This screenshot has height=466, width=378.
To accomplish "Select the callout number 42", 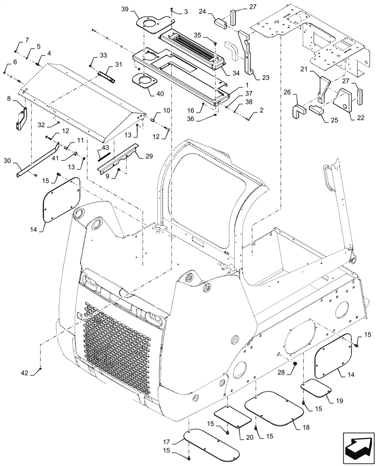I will pyautogui.click(x=24, y=373).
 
